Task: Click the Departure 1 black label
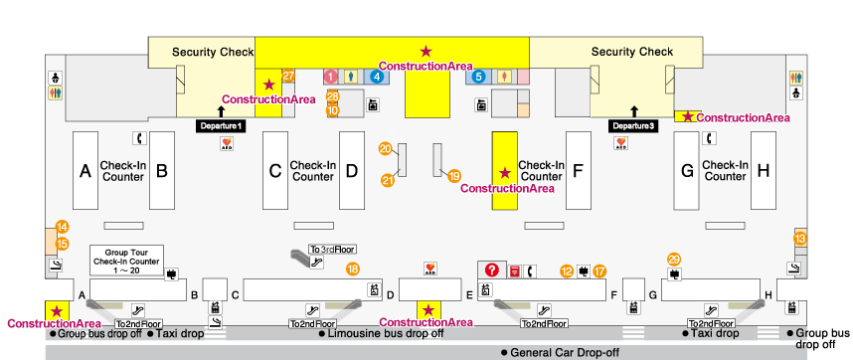tap(221, 126)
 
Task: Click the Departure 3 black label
tap(632, 126)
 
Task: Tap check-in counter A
tap(85, 171)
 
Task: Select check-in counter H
tap(763, 171)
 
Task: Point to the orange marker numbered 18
tap(352, 269)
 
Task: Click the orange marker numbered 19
tap(454, 176)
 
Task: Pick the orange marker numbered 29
tap(674, 259)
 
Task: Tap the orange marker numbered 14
tap(62, 227)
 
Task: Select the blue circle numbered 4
tap(377, 76)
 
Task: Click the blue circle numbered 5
tap(478, 76)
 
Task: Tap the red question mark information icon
tap(490, 270)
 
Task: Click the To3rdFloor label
tap(332, 250)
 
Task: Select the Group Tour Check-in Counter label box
tap(125, 260)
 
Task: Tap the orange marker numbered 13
tap(800, 237)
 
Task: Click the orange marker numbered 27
tap(289, 75)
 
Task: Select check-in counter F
tap(578, 171)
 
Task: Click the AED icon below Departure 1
tap(226, 143)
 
